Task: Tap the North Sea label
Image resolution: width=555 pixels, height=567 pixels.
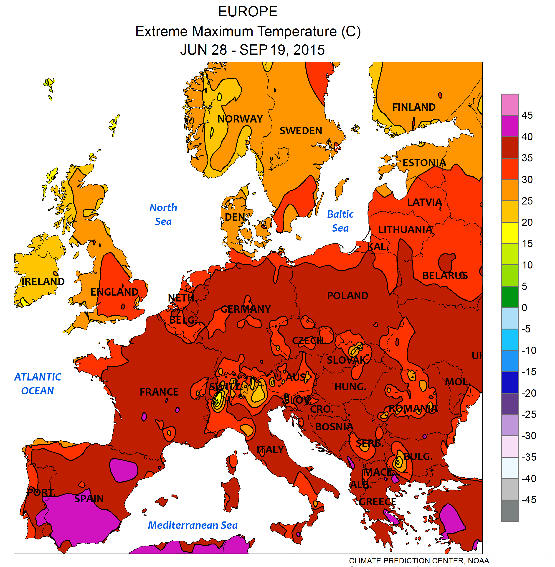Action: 163,214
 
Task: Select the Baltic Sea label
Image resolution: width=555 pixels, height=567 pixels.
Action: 340,221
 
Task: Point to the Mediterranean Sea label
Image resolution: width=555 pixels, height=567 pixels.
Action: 193,525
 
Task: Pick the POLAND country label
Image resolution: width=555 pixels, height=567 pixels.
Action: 347,296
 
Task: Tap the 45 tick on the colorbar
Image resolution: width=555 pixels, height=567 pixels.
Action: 527,115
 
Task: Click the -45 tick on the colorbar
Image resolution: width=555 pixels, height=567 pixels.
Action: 528,500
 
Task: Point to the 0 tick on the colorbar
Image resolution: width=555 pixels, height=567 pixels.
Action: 524,308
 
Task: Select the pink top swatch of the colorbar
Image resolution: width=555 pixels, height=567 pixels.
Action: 509,105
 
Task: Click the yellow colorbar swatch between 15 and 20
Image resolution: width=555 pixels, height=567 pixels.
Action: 509,233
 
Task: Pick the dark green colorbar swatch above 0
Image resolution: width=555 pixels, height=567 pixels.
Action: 509,297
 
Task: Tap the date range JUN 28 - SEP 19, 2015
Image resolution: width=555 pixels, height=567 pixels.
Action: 252,50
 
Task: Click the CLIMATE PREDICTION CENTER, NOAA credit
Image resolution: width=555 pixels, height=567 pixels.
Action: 419,561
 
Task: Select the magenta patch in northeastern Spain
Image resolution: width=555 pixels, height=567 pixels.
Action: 124,470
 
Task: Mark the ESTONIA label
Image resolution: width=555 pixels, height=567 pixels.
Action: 424,163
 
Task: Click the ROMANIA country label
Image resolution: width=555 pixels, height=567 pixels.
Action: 413,409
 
